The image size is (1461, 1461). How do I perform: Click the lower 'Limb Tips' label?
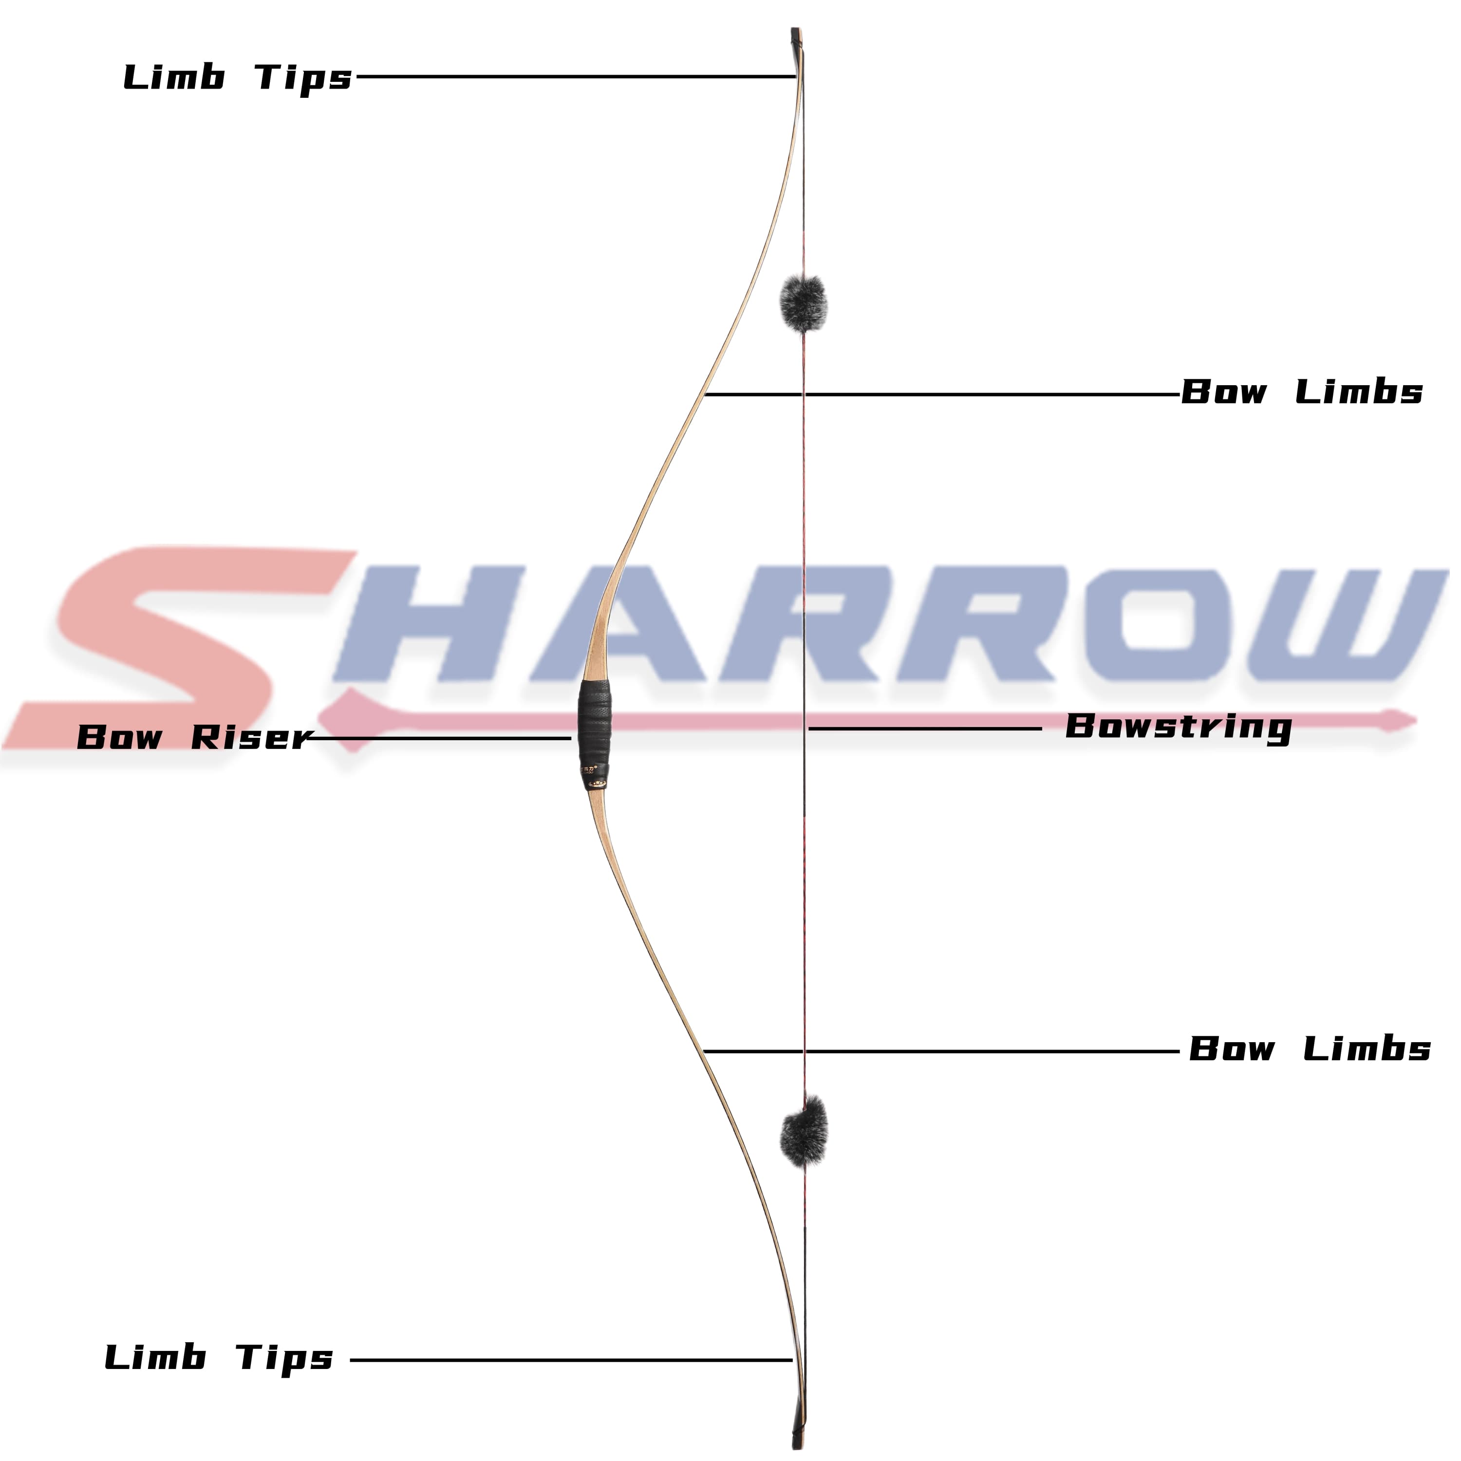click(219, 1358)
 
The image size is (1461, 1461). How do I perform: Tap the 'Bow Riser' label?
click(194, 737)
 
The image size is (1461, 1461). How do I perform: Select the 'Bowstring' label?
click(1178, 728)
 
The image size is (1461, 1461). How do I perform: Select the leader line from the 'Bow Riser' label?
click(439, 738)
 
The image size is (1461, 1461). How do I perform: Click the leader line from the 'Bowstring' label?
click(922, 729)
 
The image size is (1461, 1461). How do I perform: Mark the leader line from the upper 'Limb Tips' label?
click(575, 76)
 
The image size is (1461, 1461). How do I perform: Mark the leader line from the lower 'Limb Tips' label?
click(571, 1360)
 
